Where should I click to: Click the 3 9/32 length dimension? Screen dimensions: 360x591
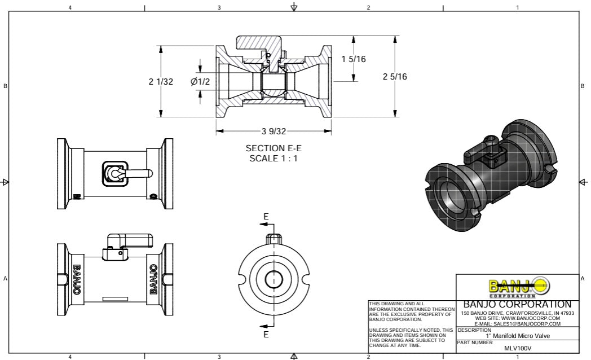pos(274,131)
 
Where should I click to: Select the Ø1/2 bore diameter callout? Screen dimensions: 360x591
pos(200,82)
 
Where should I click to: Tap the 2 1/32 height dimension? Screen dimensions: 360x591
pos(161,82)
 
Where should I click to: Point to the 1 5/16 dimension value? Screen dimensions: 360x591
pos(354,59)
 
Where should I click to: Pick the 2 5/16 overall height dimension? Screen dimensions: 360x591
pos(395,77)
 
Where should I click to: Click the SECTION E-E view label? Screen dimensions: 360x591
pos(274,148)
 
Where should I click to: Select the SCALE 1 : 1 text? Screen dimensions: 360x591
pos(274,159)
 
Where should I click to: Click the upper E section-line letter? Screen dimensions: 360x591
pos(266,217)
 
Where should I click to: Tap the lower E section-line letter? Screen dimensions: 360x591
pos(266,334)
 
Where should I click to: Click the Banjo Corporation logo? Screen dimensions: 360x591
pos(518,286)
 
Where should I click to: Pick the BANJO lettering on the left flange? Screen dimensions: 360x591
pos(76,279)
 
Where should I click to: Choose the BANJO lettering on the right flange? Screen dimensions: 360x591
pos(153,279)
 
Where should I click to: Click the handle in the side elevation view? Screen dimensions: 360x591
pos(131,239)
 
